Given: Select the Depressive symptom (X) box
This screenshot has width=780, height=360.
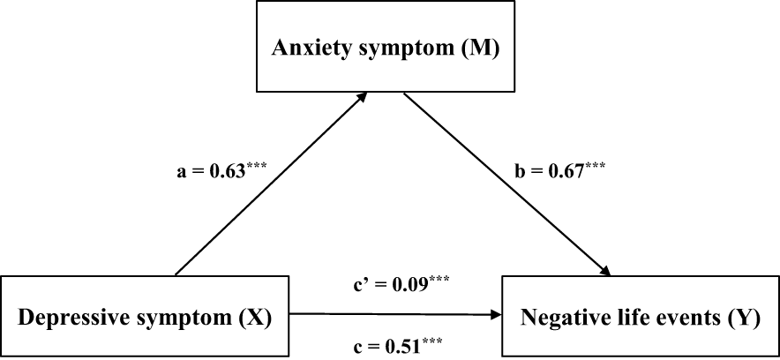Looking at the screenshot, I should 145,315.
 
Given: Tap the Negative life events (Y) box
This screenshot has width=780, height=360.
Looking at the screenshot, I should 641,315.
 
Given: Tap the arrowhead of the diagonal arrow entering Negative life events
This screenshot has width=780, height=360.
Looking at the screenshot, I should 607,270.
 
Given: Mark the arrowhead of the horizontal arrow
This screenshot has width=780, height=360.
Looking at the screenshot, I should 497,313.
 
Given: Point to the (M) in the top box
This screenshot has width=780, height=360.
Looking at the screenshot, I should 481,47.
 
